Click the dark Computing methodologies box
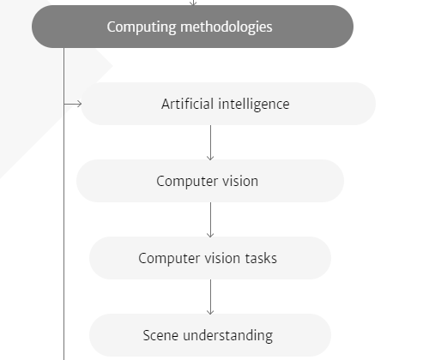[x=192, y=27]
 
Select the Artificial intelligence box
[x=228, y=104]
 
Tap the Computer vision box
[x=210, y=181]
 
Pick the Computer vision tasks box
[x=210, y=258]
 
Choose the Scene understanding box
[x=210, y=335]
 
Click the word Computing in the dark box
[x=142, y=27]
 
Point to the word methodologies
[x=227, y=27]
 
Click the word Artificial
[x=187, y=104]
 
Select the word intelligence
[x=254, y=105]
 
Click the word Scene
[x=160, y=335]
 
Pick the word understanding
[x=227, y=336]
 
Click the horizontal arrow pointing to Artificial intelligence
[x=73, y=104]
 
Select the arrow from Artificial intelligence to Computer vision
[x=210, y=142]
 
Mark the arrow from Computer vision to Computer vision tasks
[x=210, y=219]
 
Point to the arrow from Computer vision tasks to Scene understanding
[x=210, y=297]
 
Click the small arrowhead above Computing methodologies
[x=193, y=3]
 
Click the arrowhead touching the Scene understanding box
[x=210, y=312]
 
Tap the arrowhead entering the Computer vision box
[x=210, y=158]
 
